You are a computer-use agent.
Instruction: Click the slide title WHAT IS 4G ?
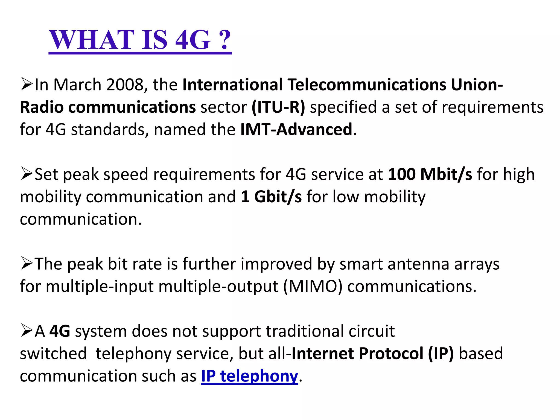140,40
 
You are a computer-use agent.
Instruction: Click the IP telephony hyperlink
249,376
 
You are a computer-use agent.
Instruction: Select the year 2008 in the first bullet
125,84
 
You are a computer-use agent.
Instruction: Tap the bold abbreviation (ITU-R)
278,107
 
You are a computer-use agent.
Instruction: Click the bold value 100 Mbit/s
430,174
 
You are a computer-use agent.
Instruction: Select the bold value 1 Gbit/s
271,197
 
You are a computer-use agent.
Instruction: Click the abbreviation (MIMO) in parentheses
313,286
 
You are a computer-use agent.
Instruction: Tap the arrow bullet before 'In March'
27,84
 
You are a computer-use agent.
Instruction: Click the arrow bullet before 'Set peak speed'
27,174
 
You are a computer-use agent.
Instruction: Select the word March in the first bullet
77,84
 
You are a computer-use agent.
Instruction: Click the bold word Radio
42,107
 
